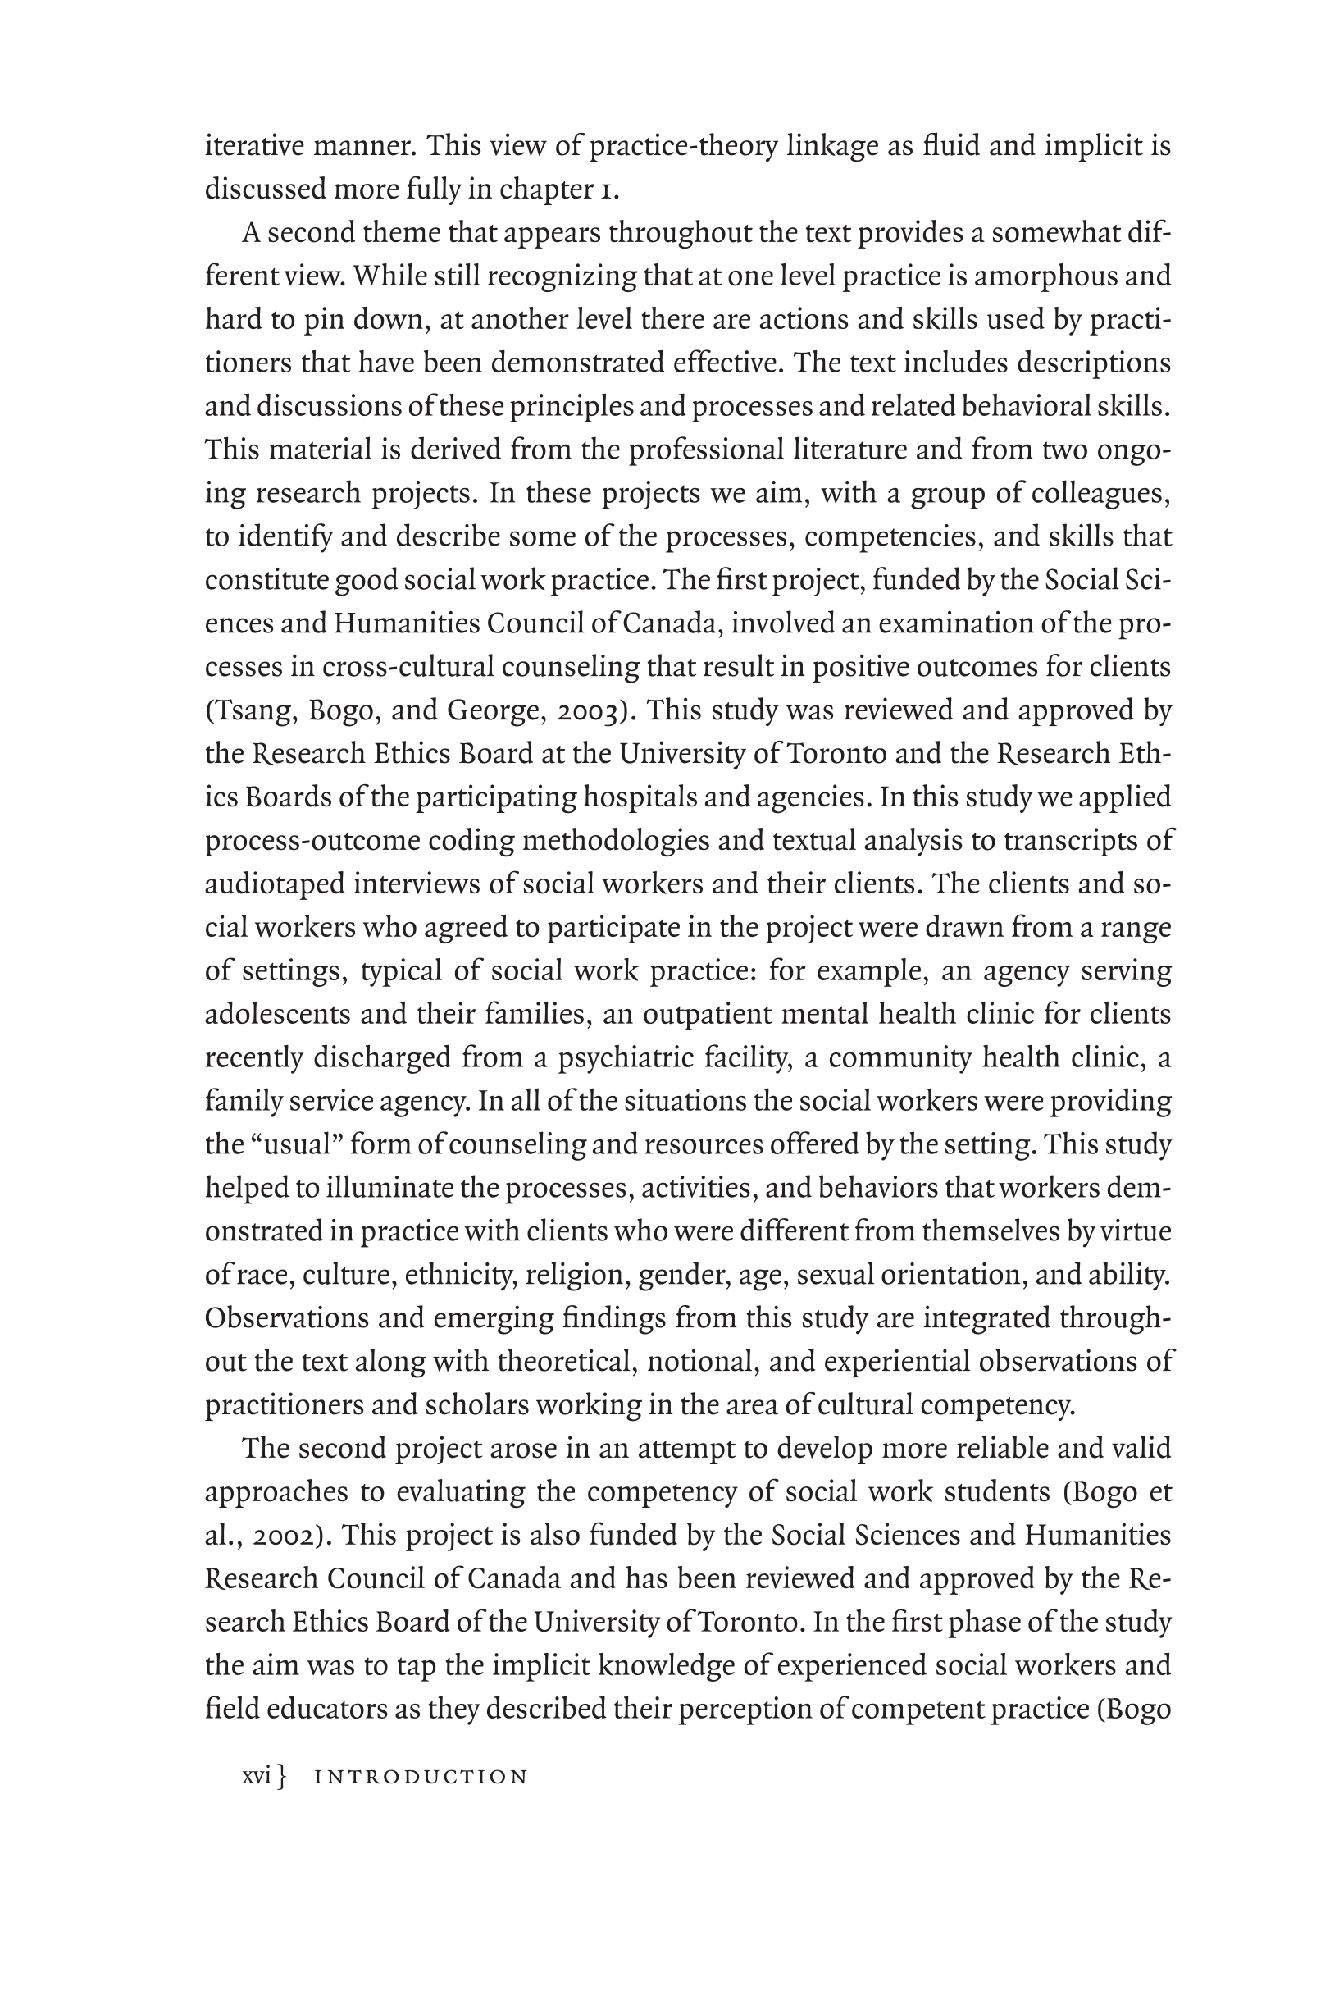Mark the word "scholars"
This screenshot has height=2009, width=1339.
click(x=480, y=1405)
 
